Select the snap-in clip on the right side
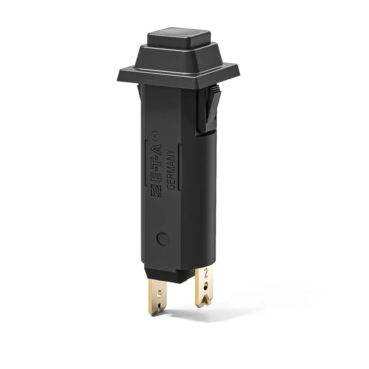pyautogui.click(x=207, y=111)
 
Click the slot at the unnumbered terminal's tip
pyautogui.click(x=159, y=306)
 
